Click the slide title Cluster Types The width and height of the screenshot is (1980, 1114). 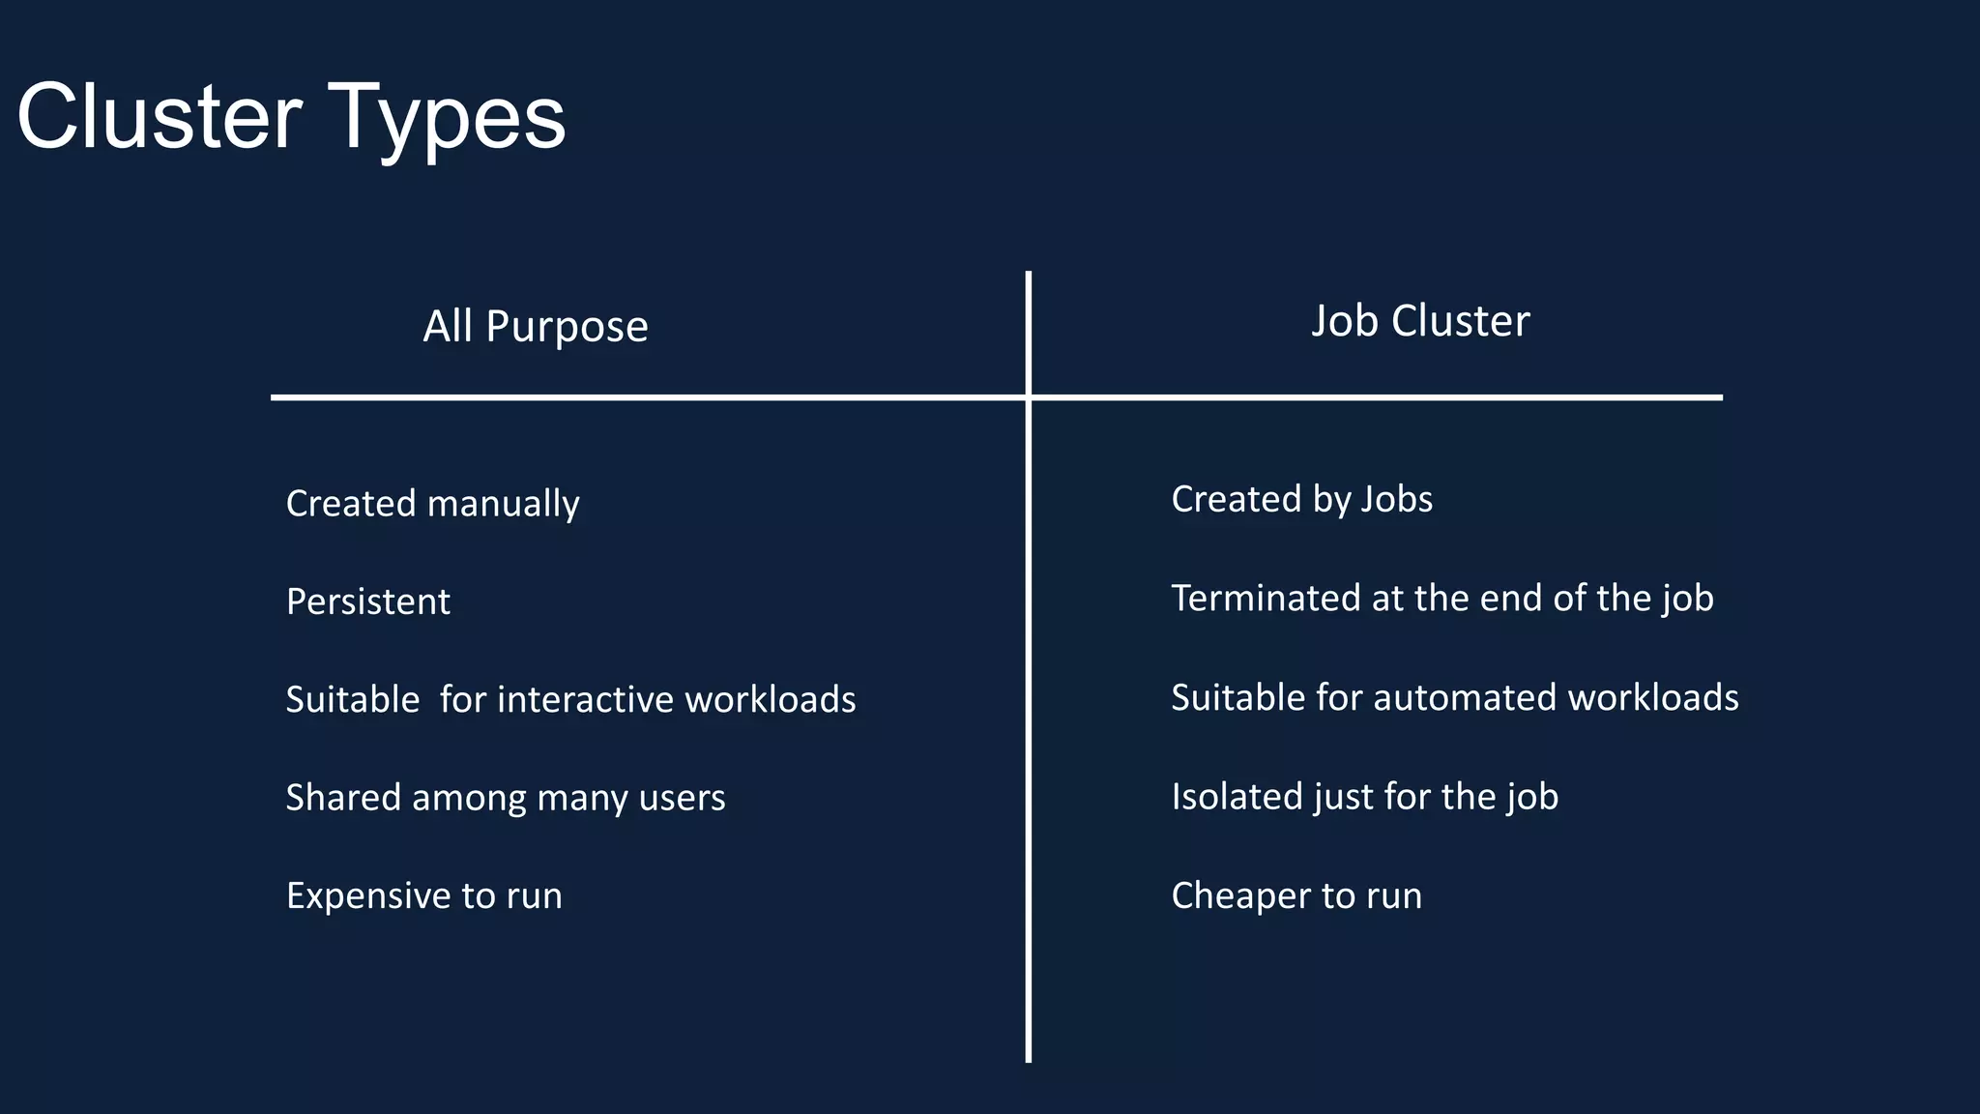point(291,117)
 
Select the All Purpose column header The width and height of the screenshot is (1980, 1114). point(536,327)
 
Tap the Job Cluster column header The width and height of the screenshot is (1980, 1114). point(1420,321)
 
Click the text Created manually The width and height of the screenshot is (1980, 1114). point(432,504)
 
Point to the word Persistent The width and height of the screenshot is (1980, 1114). point(367,601)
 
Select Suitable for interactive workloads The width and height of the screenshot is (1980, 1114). point(570,699)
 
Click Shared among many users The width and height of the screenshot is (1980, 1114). point(505,798)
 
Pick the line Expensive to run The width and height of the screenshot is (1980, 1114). point(423,895)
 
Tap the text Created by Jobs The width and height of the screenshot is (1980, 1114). point(1301,499)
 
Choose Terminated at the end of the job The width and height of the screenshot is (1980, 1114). point(1441,599)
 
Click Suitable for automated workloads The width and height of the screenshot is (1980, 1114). point(1454,697)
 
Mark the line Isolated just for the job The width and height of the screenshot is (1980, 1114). point(1364,797)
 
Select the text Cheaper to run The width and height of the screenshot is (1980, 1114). point(1296,895)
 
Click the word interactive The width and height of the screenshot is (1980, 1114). point(585,699)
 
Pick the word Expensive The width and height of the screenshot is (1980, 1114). point(367,895)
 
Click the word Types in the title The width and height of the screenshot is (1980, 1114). point(446,119)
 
